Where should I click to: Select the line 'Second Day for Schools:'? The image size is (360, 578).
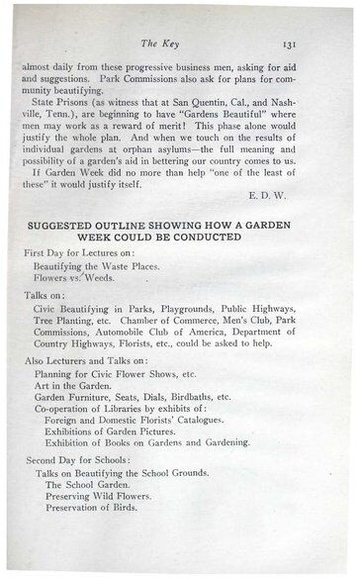(83, 461)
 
